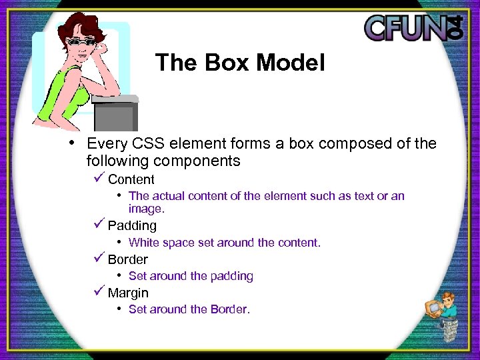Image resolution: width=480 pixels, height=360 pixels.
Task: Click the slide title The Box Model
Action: click(240, 63)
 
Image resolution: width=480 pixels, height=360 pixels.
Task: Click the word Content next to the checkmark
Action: click(131, 179)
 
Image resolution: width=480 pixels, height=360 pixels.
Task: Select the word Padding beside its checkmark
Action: click(132, 226)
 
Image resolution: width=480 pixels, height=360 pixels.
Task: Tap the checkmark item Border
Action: click(127, 259)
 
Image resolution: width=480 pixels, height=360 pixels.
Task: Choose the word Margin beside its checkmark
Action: click(128, 293)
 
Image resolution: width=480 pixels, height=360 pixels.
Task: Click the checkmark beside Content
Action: click(99, 178)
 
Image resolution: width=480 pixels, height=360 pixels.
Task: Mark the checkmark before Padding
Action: click(99, 225)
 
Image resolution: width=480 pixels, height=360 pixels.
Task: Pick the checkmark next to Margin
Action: click(99, 291)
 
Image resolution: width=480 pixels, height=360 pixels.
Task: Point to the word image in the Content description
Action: click(146, 209)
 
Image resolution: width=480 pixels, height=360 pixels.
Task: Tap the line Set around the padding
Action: click(191, 276)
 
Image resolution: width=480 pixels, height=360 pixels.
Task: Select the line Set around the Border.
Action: click(189, 309)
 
